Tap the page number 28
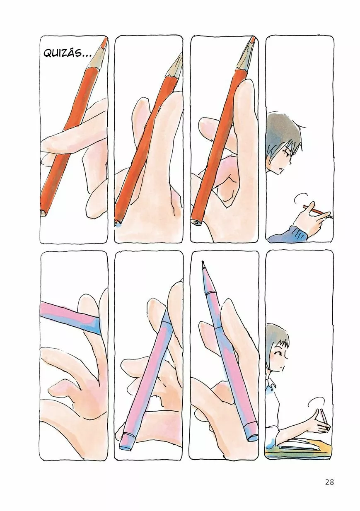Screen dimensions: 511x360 click(329, 482)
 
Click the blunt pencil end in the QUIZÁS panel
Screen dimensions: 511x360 click(43, 213)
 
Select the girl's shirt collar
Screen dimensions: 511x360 click(271, 387)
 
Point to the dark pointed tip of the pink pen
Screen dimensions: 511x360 click(203, 263)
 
